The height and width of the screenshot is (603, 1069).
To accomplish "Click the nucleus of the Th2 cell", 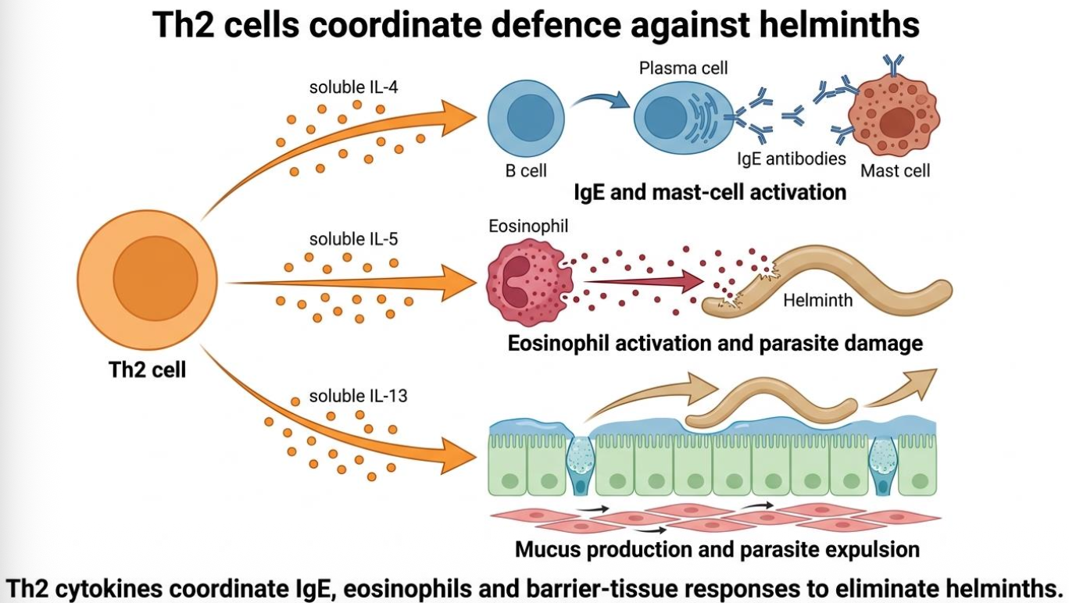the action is point(155,278).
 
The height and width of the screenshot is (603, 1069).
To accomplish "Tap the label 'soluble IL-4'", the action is point(353,87).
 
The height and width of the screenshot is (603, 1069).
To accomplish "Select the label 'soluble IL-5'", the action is point(353,239).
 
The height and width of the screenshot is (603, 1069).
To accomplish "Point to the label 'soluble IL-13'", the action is point(358,396).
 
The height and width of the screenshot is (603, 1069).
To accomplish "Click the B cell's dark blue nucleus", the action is point(531,118).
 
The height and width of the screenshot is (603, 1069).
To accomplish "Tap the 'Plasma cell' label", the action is point(684,68).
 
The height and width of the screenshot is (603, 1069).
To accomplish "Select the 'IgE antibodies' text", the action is point(792,159).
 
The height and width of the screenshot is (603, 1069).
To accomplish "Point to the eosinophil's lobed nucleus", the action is point(513,283).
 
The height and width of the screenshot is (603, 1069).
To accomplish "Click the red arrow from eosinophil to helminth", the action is point(644,281).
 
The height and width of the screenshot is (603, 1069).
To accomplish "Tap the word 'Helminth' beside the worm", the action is point(817,300).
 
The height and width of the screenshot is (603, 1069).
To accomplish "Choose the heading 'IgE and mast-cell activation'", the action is point(710,192).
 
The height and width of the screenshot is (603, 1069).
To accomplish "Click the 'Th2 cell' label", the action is point(147,369).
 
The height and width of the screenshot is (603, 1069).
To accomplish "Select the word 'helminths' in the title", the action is point(839,24).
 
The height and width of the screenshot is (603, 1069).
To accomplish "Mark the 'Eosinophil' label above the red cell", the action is point(528,226).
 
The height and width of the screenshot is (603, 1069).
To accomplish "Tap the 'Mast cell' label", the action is point(895,171).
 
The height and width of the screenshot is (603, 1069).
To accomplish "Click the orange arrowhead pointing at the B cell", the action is point(458,117).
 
